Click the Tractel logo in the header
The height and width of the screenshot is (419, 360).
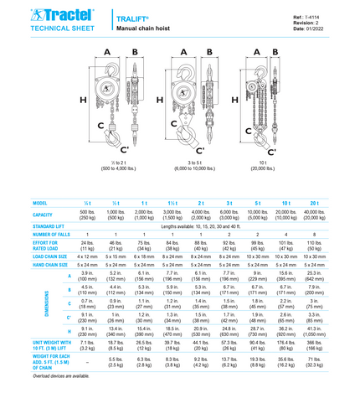point(43,15)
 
